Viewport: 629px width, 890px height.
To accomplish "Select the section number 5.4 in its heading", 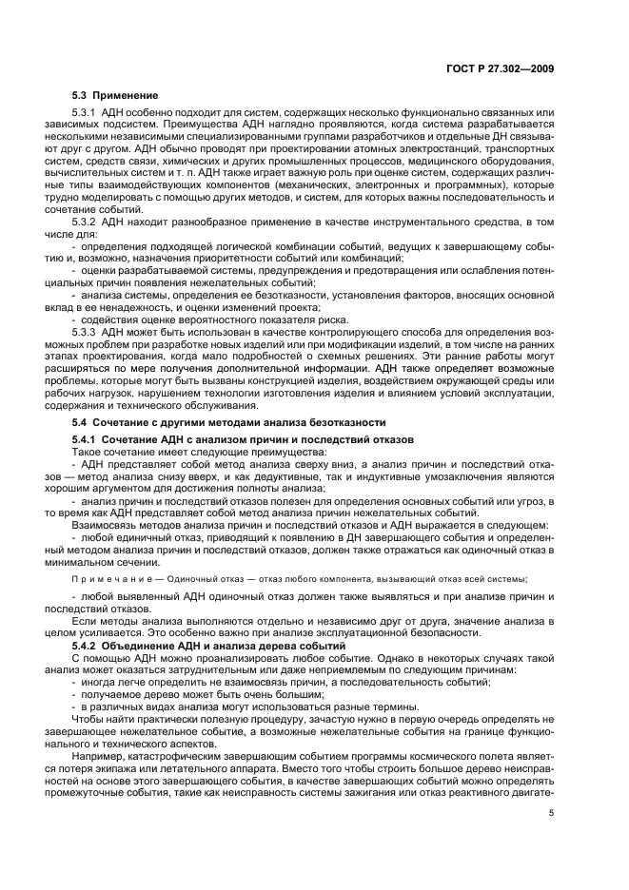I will point(81,421).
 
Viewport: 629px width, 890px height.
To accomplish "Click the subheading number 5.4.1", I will point(86,440).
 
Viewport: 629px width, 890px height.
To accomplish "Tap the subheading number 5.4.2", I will point(86,646).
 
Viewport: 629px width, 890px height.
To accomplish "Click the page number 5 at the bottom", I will point(551,813).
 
